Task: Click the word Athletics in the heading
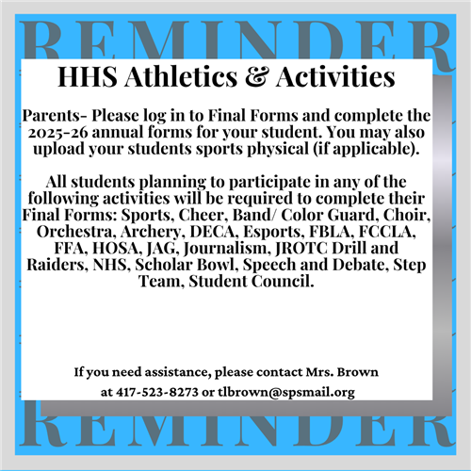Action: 181,77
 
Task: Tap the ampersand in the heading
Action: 257,77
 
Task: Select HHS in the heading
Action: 88,77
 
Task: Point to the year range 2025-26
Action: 58,133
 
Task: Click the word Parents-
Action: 55,116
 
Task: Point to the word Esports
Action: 274,233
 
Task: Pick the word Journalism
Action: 227,249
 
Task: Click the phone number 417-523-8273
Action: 157,392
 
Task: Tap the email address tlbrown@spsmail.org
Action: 286,393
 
